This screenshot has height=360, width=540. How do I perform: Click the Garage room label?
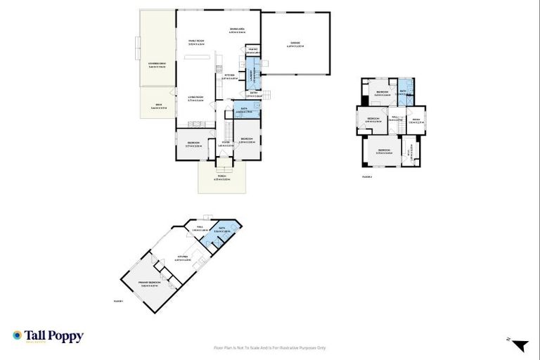pyautogui.click(x=294, y=45)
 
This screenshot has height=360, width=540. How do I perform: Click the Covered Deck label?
pyautogui.click(x=157, y=65)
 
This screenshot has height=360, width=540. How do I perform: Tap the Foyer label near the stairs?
pyautogui.click(x=226, y=145)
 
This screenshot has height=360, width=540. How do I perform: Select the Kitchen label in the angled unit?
pyautogui.click(x=182, y=258)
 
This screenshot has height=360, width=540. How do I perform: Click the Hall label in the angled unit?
pyautogui.click(x=200, y=228)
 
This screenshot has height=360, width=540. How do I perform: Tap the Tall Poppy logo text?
pyautogui.click(x=53, y=337)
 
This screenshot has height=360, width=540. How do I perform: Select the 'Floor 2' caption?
pyautogui.click(x=366, y=176)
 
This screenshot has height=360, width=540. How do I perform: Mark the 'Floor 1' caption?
pyautogui.click(x=118, y=301)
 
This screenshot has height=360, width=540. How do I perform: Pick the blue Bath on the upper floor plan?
pyautogui.click(x=404, y=93)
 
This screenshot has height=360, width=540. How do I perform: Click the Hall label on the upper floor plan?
pyautogui.click(x=394, y=120)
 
